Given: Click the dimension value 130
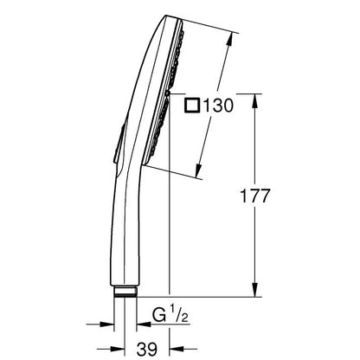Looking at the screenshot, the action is tap(218, 105).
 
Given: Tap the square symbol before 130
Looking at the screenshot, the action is tap(192, 105).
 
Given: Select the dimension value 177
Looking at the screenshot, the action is tap(255, 196).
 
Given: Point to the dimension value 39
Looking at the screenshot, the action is tap(147, 349).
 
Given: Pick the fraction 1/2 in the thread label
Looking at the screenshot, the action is tap(179, 315).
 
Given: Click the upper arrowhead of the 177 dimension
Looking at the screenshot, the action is tap(254, 101).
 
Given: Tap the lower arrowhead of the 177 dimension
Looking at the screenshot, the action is tap(254, 289).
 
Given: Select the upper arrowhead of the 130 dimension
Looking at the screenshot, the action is tap(229, 39).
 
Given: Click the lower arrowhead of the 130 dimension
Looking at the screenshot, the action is tap(198, 171).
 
